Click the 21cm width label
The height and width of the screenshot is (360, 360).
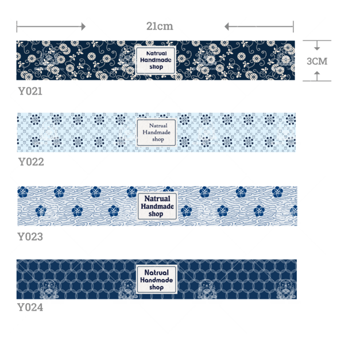point(160,26)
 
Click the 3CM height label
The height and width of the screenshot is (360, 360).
point(317,61)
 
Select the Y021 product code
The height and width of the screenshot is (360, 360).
point(30,91)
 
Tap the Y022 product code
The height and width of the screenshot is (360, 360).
point(31,162)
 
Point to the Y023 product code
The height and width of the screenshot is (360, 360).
point(30,237)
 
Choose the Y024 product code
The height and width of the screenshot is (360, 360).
point(30,307)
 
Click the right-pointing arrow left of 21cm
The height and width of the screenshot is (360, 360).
point(51,26)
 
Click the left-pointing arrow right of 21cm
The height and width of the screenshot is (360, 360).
point(259,26)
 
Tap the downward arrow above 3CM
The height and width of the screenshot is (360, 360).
point(317,45)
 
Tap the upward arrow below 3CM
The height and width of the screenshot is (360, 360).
point(317,76)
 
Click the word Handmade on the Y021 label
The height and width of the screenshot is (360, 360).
point(156,60)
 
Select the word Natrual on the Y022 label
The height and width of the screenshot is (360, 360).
point(158,126)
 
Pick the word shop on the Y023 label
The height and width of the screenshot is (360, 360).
point(156,214)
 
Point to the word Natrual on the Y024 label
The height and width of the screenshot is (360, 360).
point(157,273)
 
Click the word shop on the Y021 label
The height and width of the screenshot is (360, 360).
point(156,67)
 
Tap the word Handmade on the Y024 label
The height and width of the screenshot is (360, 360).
point(157,280)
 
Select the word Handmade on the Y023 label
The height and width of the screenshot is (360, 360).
point(157,206)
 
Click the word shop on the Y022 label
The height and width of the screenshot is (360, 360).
point(158,140)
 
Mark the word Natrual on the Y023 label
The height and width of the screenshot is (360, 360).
point(157,199)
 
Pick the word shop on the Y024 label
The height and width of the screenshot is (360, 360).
point(157,287)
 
